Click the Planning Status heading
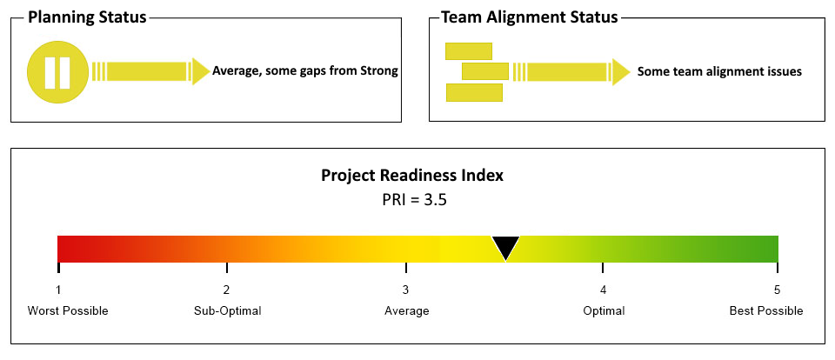click(87, 17)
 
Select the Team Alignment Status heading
click(530, 17)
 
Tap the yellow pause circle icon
click(57, 72)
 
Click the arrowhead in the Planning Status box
click(201, 71)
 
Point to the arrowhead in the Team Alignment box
click(621, 72)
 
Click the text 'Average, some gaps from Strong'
click(305, 70)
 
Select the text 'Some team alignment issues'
click(719, 71)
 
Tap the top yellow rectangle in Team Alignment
click(469, 51)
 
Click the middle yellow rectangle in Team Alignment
click(485, 71)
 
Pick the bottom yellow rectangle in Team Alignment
click(474, 92)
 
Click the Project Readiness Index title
click(412, 175)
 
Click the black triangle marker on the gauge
click(505, 248)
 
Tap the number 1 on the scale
click(58, 290)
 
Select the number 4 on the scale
click(603, 290)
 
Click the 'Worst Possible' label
click(68, 310)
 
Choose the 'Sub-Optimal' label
click(227, 310)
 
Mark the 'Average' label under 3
click(407, 310)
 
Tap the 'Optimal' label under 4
click(604, 310)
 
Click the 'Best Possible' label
click(766, 310)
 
